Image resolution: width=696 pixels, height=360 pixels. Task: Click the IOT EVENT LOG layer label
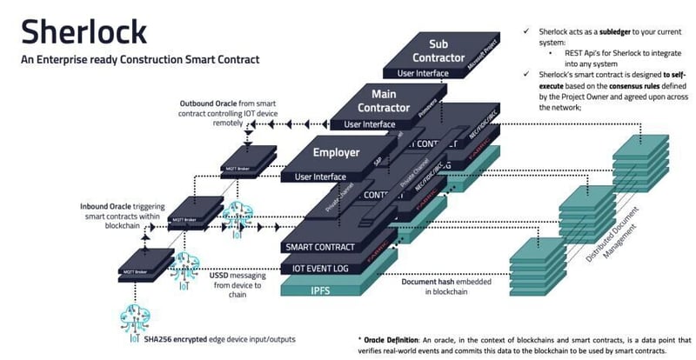[319, 268]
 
